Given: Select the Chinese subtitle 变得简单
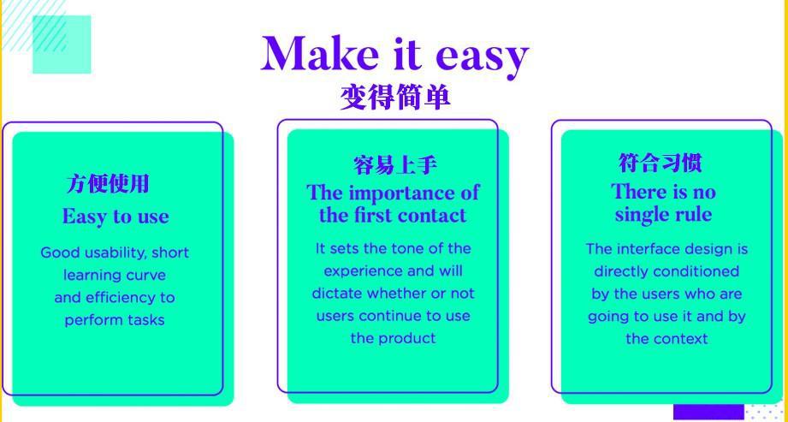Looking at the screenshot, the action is pyautogui.click(x=394, y=97).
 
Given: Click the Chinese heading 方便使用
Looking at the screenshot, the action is pyautogui.click(x=108, y=183).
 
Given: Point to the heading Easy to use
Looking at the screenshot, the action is pyautogui.click(x=116, y=217).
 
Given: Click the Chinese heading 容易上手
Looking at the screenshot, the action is pyautogui.click(x=394, y=165).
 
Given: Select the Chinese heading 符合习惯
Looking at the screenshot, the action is pyautogui.click(x=660, y=163).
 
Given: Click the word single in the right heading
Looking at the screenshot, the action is pyautogui.click(x=639, y=216).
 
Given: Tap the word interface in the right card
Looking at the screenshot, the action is pyautogui.click(x=644, y=249).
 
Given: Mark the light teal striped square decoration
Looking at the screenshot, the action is pyautogui.click(x=62, y=45).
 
